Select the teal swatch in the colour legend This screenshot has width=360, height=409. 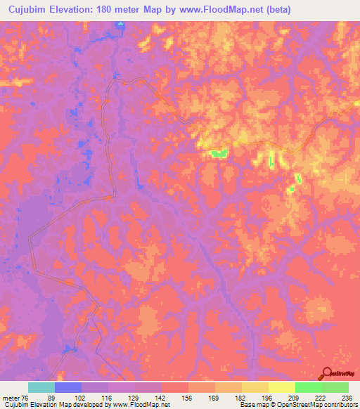[41, 387]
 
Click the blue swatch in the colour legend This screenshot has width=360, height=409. [68, 387]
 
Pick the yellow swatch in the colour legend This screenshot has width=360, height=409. [281, 387]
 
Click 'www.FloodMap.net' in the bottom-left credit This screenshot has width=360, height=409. [140, 405]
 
